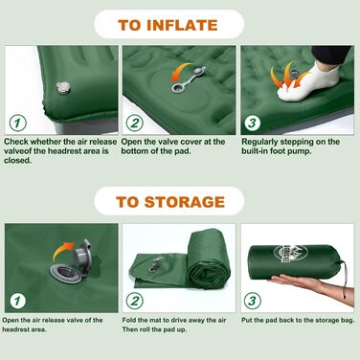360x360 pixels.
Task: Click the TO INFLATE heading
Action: pos(168,25)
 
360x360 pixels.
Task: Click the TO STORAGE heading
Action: pos(170,202)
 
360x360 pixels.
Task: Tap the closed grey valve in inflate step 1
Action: pos(63,87)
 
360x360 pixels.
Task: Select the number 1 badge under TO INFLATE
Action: pos(17,123)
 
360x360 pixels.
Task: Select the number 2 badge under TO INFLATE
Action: pos(134,123)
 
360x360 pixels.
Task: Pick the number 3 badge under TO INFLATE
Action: pos(252,123)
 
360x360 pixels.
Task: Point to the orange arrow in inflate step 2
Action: pos(181,72)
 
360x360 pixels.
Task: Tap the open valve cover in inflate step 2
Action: pos(189,79)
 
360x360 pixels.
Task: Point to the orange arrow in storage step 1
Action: pos(62,251)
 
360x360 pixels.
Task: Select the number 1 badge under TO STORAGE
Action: pos(17,301)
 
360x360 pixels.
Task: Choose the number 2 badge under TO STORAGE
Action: pos(134,301)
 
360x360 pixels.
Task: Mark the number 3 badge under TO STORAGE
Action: pos(252,301)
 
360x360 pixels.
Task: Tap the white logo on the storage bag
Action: pos(288,253)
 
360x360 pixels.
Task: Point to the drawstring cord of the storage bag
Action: pos(345,279)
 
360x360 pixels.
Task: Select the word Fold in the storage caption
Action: pos(129,320)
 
